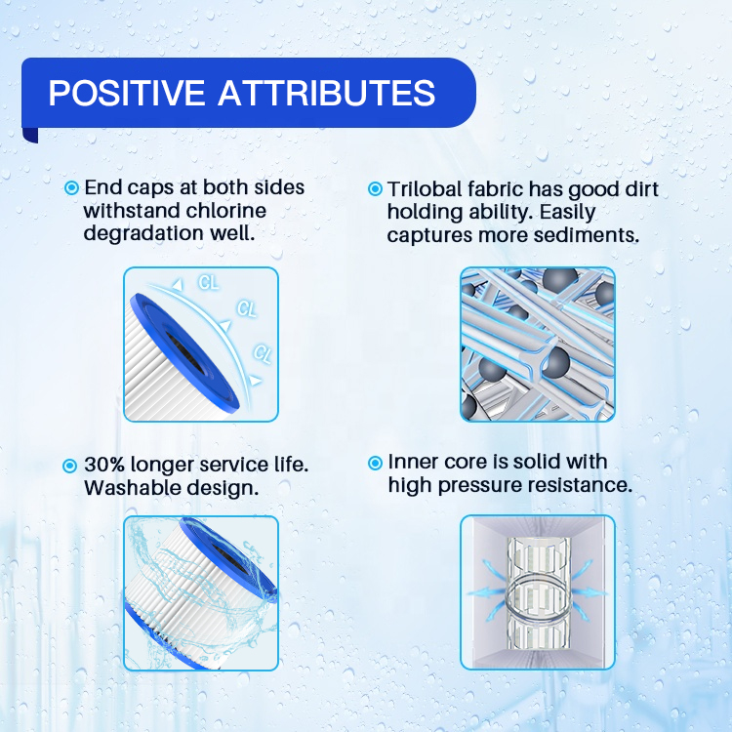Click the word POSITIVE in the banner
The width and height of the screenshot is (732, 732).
point(127,93)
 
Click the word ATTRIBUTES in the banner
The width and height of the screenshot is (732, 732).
point(326,93)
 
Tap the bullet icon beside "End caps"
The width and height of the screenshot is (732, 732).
point(71,188)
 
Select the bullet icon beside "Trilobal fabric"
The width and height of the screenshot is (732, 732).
point(375,189)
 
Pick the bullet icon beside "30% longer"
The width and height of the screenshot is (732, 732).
point(69,466)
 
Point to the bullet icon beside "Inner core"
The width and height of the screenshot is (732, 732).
point(375,463)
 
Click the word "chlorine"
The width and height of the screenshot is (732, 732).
point(226,211)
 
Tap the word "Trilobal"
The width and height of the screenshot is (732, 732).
point(425,189)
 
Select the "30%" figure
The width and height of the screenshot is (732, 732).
point(104,465)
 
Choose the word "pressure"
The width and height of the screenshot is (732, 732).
point(479,485)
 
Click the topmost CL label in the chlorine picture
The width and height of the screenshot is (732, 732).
point(208,282)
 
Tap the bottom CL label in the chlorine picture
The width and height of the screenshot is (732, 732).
point(262,353)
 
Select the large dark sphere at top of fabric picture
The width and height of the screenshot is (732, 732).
point(560,280)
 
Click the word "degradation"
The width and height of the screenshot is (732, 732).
point(142,233)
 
